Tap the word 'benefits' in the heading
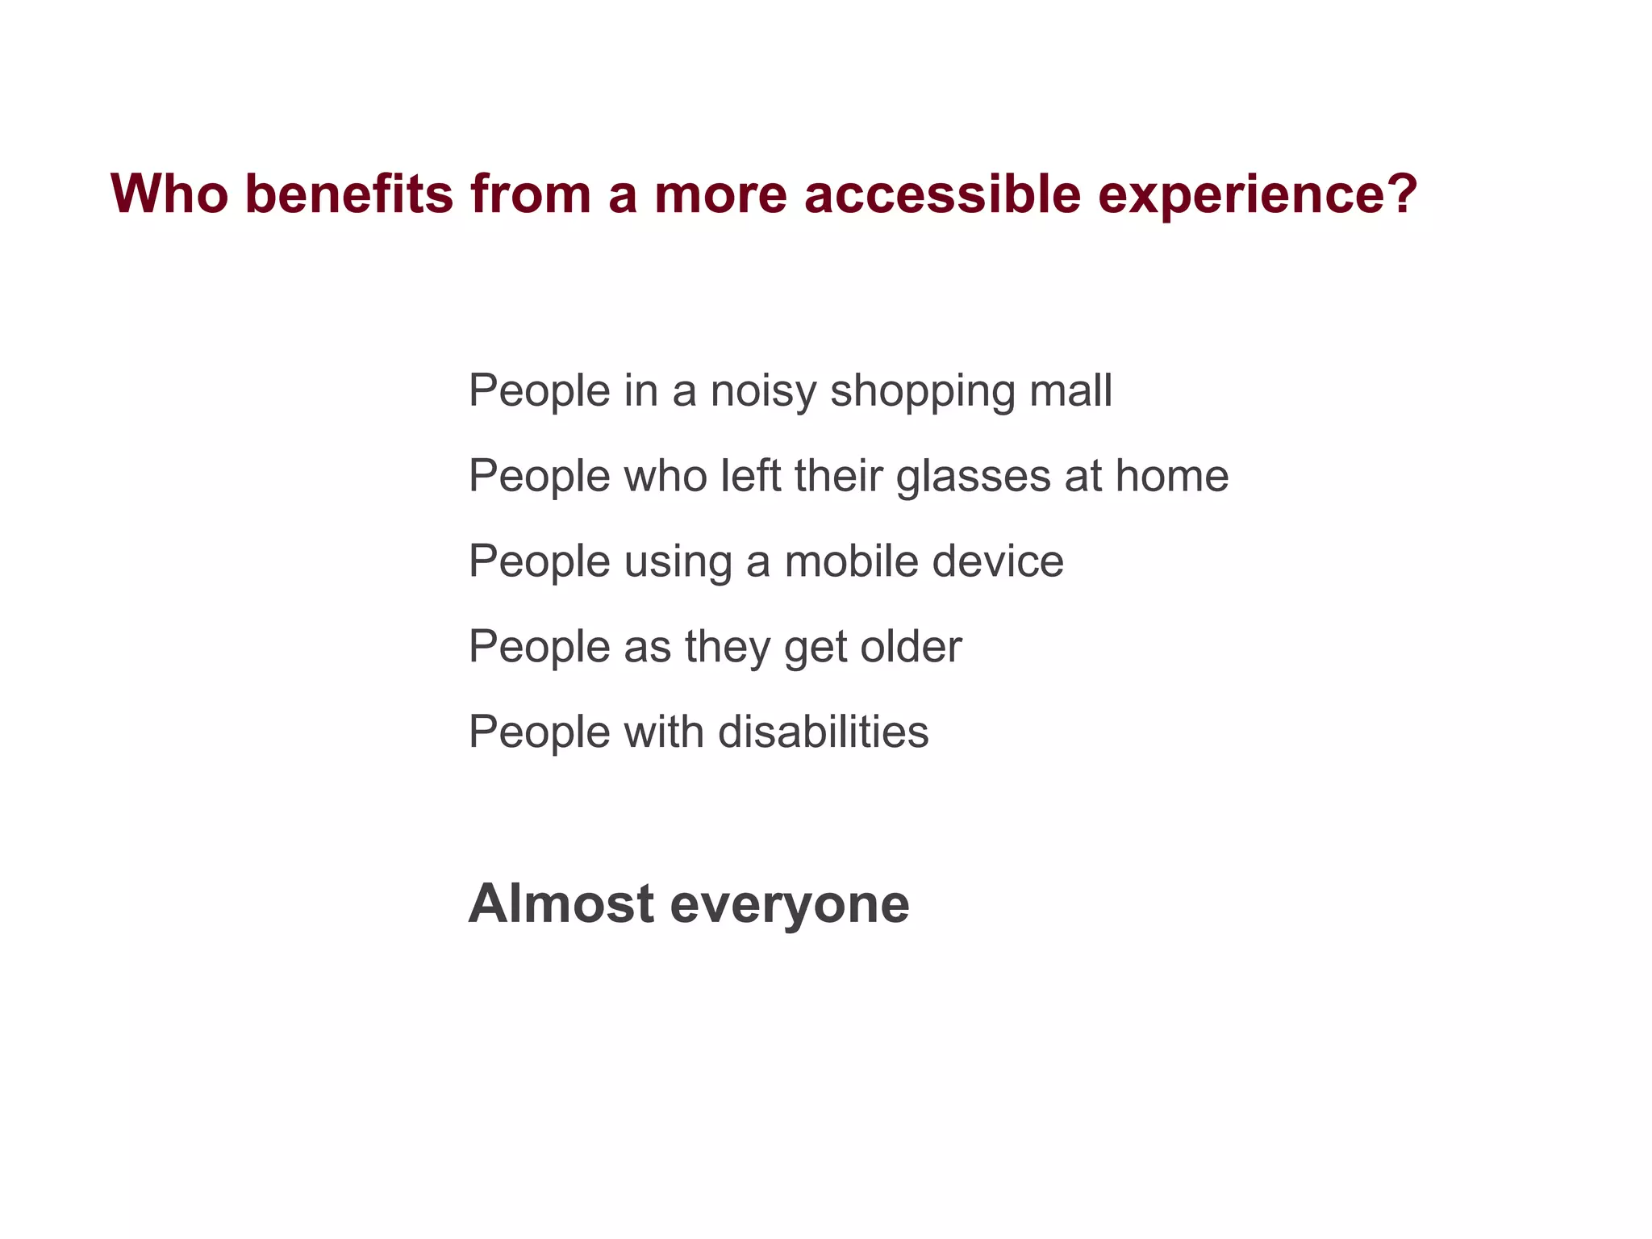[349, 194]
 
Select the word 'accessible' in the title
[942, 194]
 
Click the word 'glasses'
[973, 478]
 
